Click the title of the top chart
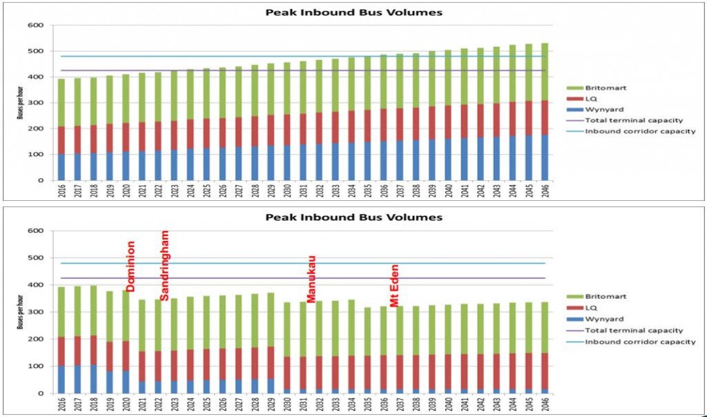[x=353, y=12]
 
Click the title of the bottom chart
[x=353, y=217]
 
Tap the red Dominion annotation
[x=130, y=266]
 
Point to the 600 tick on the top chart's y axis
[x=37, y=26]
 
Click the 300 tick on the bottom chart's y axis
[x=37, y=312]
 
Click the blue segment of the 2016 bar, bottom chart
[x=62, y=380]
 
